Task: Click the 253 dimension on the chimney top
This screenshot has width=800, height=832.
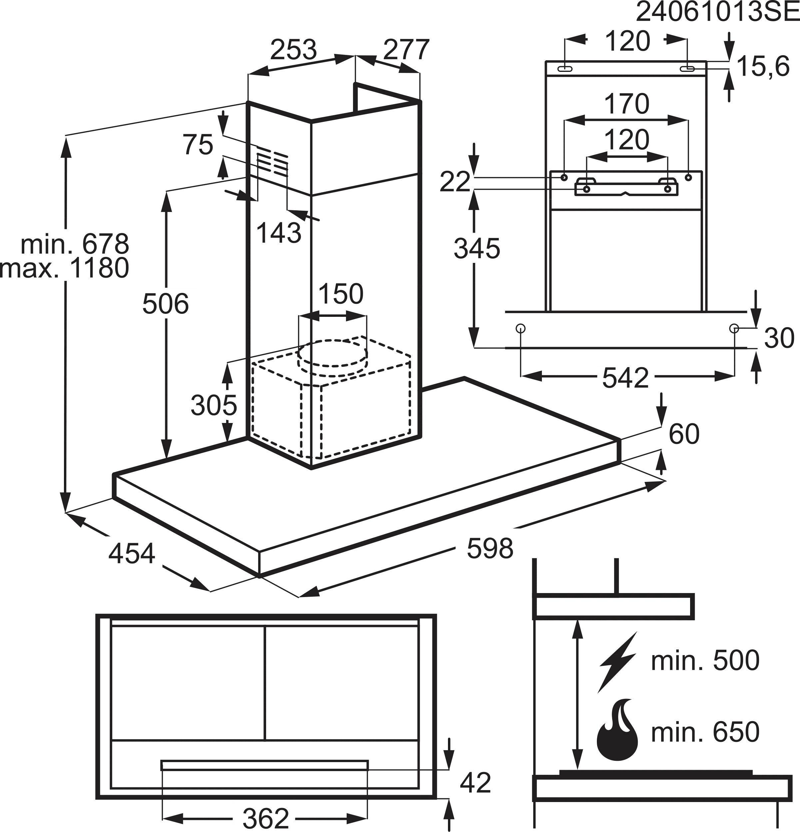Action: [293, 50]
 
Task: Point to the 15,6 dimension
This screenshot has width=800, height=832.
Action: [763, 67]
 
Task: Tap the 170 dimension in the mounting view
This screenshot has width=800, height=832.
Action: [627, 104]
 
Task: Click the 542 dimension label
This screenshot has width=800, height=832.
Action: [625, 378]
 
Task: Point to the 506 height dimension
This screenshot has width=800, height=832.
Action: [165, 304]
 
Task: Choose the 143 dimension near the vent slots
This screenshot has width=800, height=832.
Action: [279, 233]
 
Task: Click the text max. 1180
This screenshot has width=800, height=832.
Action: [65, 268]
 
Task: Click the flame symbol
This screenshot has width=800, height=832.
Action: [617, 733]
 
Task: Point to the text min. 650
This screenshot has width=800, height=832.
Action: [705, 732]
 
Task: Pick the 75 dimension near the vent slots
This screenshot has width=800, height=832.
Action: [198, 144]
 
